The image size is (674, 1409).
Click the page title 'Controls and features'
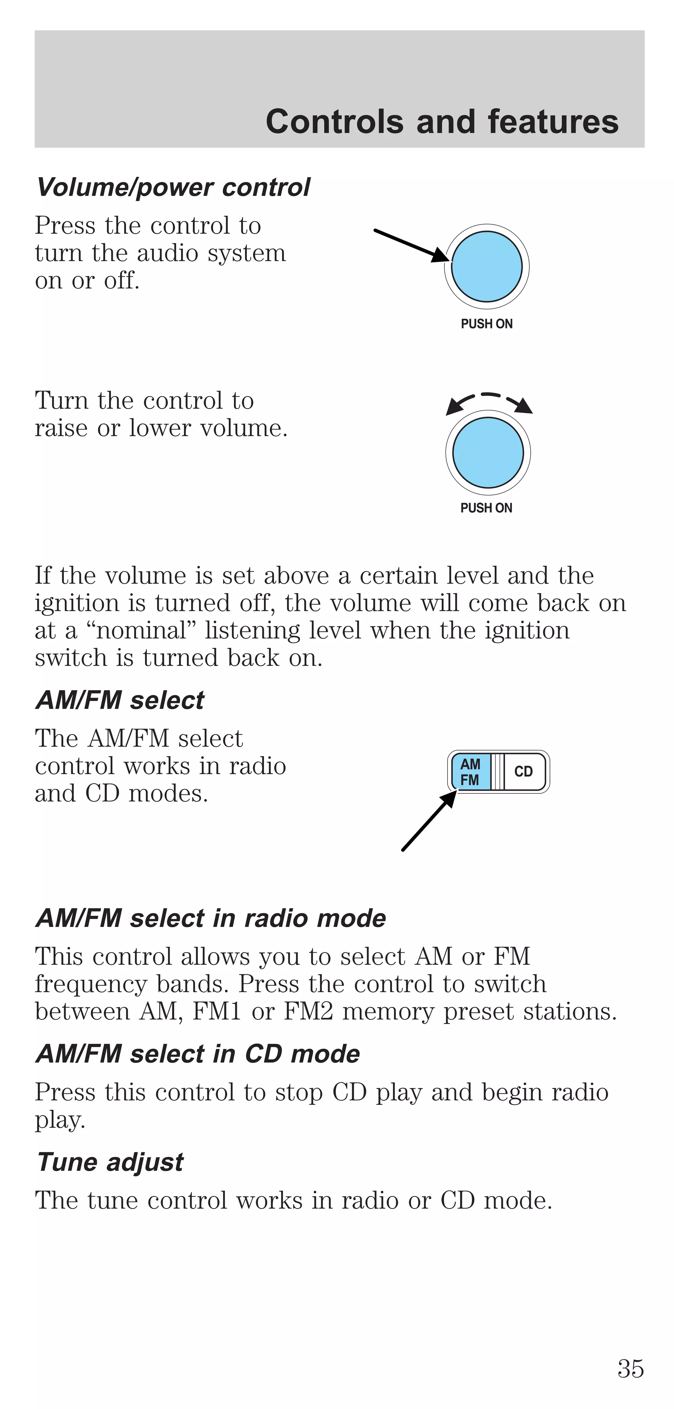(442, 122)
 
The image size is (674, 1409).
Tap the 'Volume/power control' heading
(173, 188)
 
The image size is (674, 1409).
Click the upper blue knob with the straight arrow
(486, 266)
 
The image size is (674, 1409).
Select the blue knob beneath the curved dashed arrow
(488, 452)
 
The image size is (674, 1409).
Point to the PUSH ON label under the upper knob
(486, 324)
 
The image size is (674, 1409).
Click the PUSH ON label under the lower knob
(486, 508)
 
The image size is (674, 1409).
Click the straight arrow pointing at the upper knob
(410, 245)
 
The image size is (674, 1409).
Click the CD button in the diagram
(523, 771)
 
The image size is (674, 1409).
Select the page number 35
(630, 1368)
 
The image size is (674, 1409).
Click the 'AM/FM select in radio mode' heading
(210, 918)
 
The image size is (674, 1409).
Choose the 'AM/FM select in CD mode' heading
(197, 1054)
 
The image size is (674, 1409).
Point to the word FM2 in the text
(308, 1011)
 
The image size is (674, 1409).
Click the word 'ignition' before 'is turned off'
(77, 603)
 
